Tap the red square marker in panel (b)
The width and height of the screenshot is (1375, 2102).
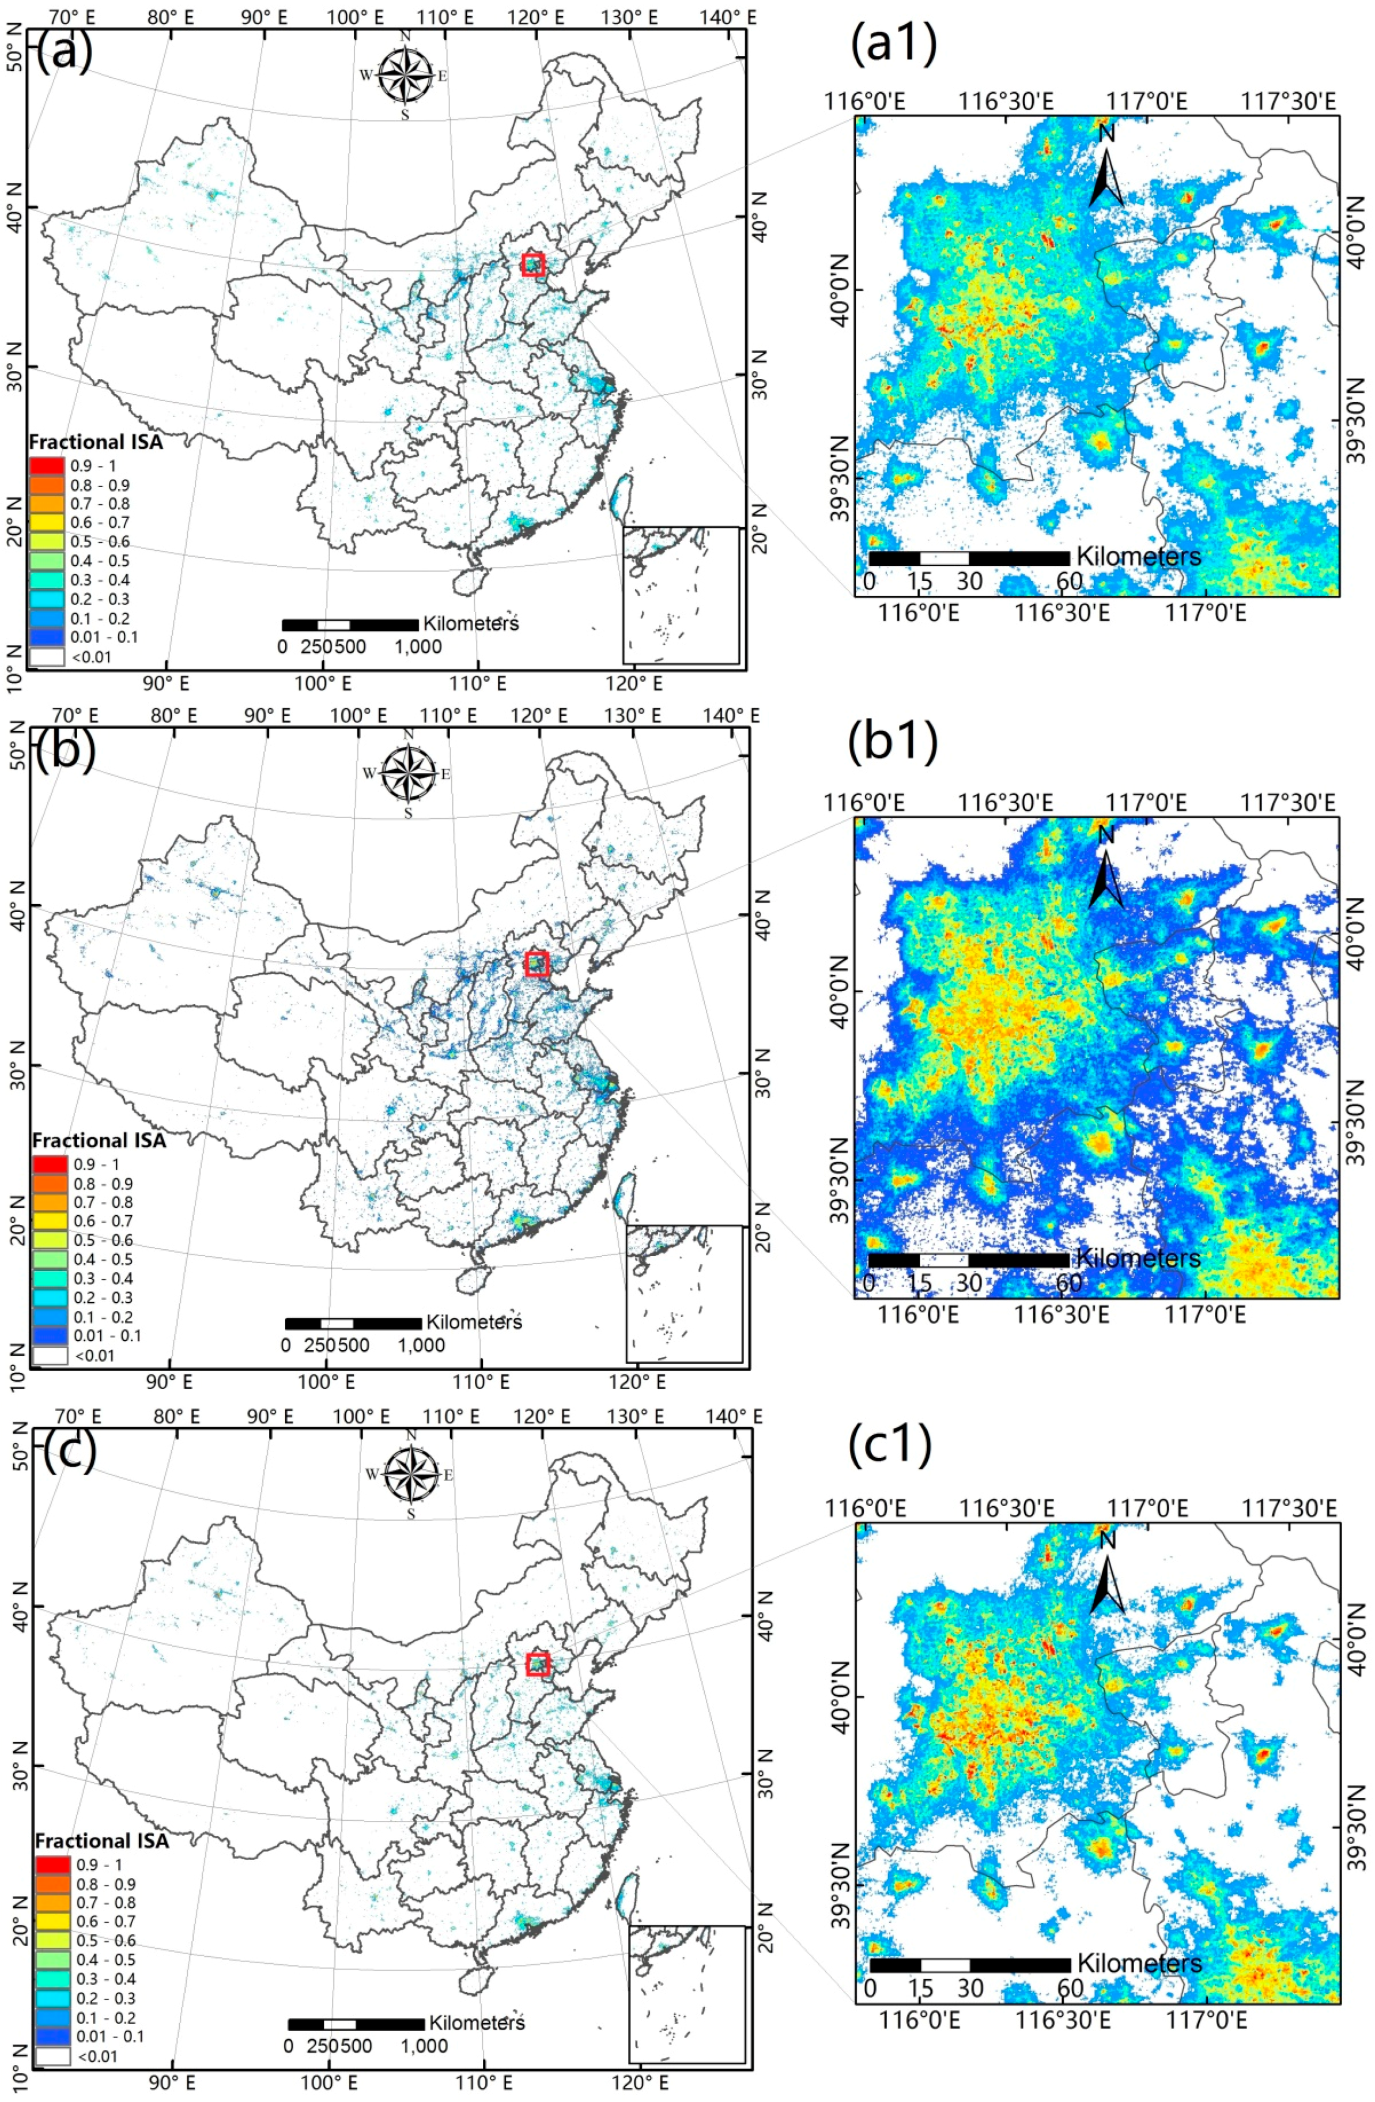[x=536, y=963]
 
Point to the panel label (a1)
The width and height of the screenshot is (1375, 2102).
[x=892, y=44]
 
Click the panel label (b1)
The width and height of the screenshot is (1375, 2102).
[x=892, y=744]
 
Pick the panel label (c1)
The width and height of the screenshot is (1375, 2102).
[x=890, y=1446]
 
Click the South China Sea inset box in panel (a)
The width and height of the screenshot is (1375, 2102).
[x=681, y=595]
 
